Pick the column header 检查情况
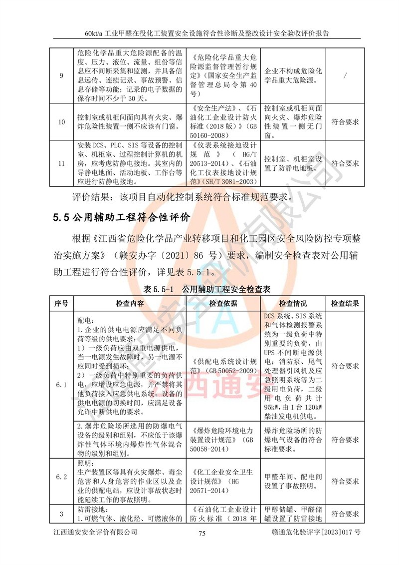[293, 303]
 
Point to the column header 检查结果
[345, 303]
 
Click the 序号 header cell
[61, 303]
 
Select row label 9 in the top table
[61, 75]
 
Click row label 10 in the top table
[61, 121]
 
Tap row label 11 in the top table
[61, 163]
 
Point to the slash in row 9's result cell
[345, 75]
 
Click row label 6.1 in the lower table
[61, 385]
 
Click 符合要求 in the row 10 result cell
[345, 121]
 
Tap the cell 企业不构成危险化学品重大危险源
[293, 75]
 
